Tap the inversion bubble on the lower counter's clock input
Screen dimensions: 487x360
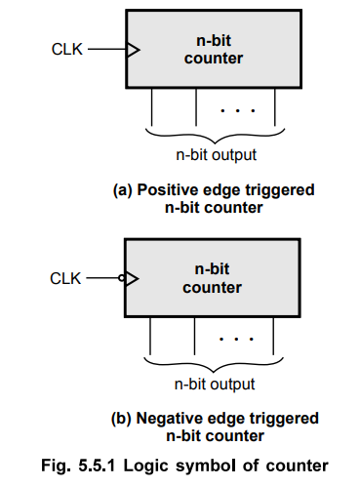(x=123, y=279)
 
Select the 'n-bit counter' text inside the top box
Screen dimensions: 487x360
(x=212, y=50)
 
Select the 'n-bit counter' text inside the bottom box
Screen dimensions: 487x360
(x=212, y=279)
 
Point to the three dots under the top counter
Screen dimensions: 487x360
(x=236, y=110)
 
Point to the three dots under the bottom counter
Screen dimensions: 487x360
(x=236, y=341)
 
